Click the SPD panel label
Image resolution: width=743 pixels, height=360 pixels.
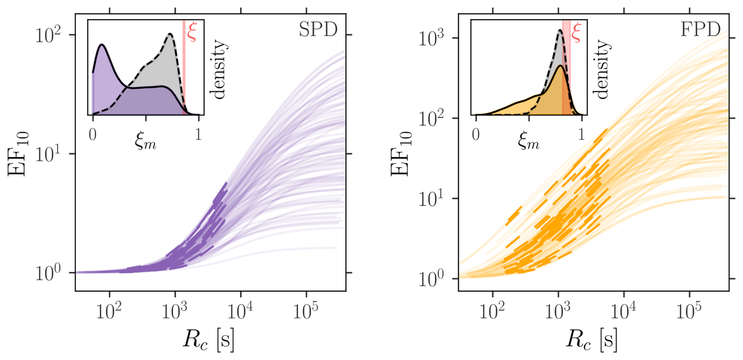[x=318, y=30]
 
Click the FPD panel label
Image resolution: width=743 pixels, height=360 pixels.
[x=701, y=30]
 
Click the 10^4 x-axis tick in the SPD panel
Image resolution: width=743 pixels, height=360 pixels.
[x=240, y=312]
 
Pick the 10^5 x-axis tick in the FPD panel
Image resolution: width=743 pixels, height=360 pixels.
[x=689, y=312]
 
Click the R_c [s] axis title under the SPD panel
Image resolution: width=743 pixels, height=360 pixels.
[x=209, y=340]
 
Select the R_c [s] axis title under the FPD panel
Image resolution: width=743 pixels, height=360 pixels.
[x=591, y=340]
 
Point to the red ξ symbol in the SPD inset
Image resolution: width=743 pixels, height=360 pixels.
[x=192, y=33]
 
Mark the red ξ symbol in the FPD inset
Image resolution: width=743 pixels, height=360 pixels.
[x=576, y=33]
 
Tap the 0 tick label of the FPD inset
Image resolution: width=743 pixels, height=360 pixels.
[x=476, y=135]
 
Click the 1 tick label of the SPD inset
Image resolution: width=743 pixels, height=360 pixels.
[x=198, y=135]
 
